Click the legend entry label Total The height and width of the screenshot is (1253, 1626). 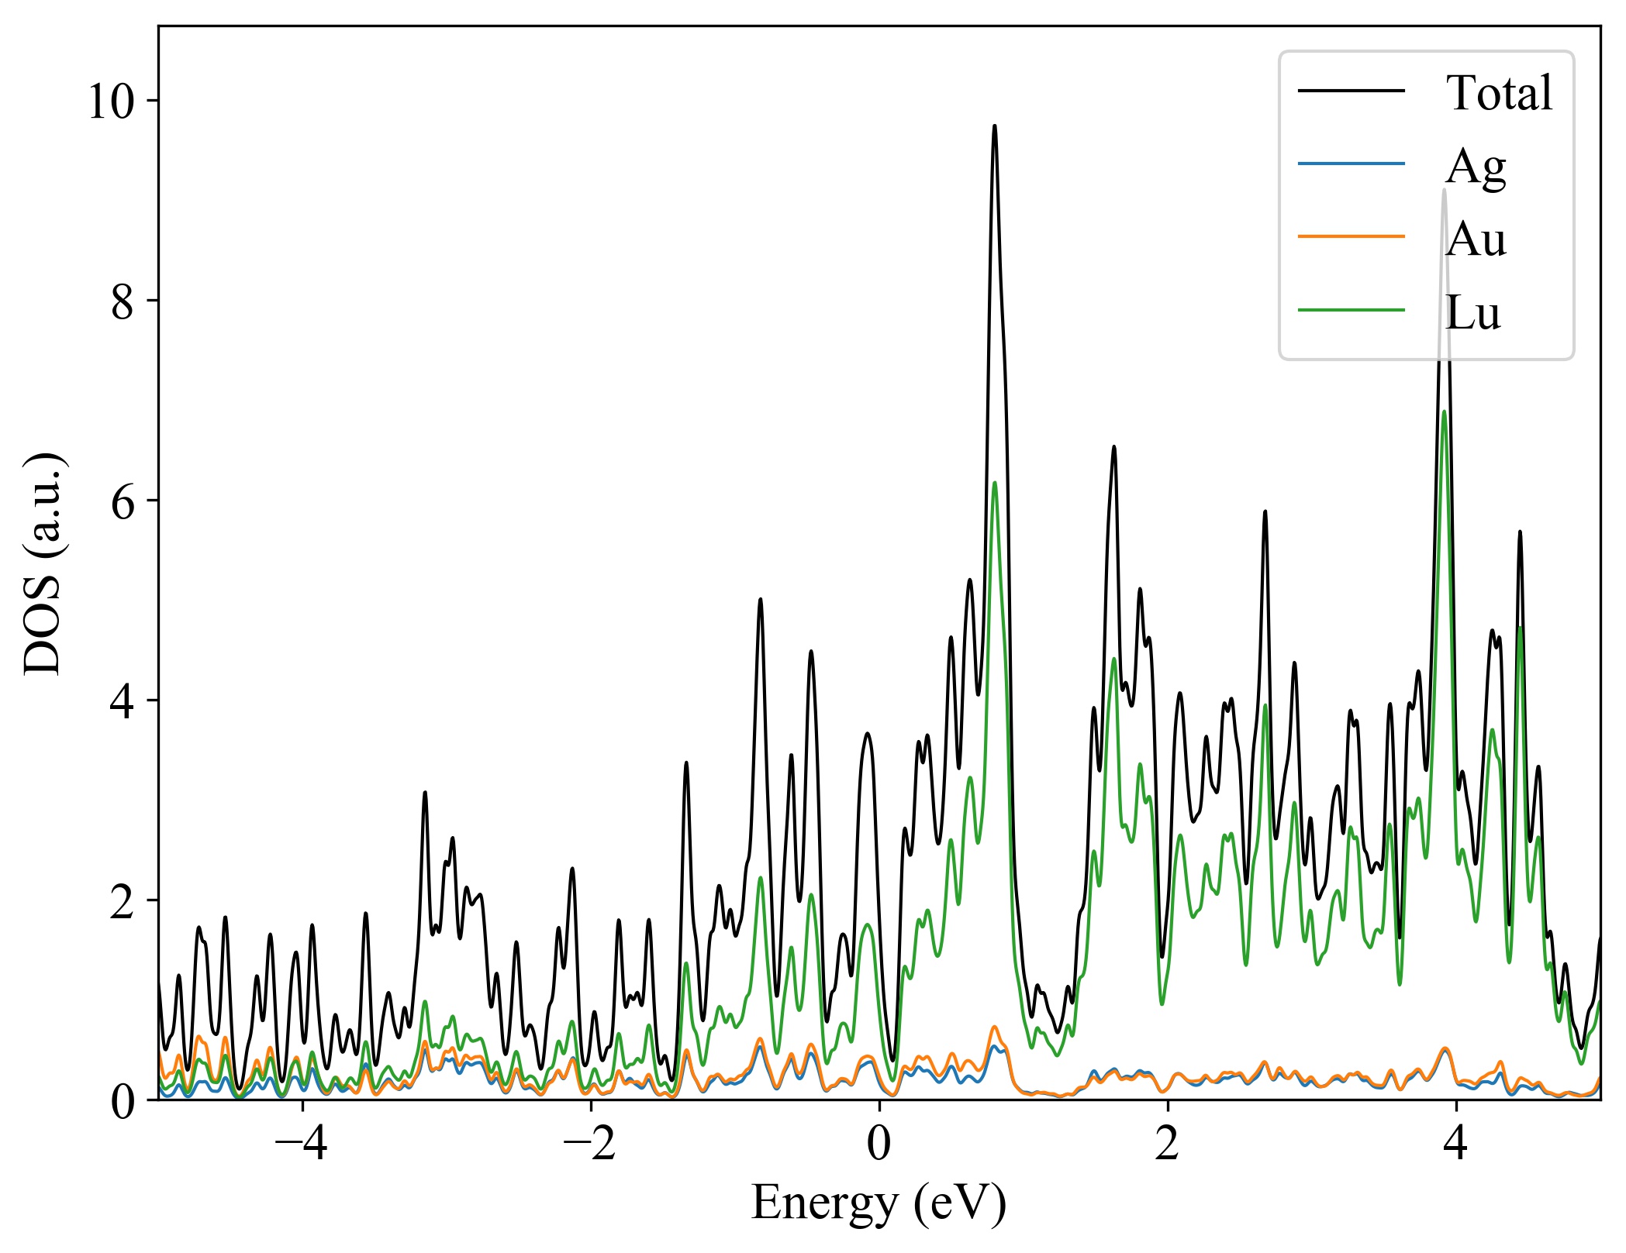pyautogui.click(x=1499, y=93)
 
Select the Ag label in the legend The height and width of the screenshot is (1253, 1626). pyautogui.click(x=1476, y=166)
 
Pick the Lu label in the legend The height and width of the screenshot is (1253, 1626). pyautogui.click(x=1472, y=312)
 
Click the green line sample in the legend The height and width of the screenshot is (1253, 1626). pyautogui.click(x=1352, y=310)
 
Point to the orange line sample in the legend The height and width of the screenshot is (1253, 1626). pyautogui.click(x=1352, y=236)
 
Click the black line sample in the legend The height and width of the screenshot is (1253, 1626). pyautogui.click(x=1352, y=91)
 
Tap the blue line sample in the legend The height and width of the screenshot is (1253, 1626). pyautogui.click(x=1352, y=164)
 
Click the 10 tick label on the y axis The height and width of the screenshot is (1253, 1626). pyautogui.click(x=112, y=102)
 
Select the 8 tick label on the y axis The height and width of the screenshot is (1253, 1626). pyautogui.click(x=123, y=301)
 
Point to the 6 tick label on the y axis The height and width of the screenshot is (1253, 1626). pyautogui.click(x=123, y=501)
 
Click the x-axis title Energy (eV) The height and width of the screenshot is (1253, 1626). pyautogui.click(x=879, y=1203)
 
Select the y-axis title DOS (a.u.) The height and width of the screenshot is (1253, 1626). pyautogui.click(x=43, y=563)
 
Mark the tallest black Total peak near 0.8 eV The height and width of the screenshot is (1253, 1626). pyautogui.click(x=994, y=126)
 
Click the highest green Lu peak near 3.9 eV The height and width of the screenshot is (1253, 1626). pyautogui.click(x=1444, y=411)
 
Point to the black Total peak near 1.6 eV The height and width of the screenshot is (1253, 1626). pyautogui.click(x=1114, y=447)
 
